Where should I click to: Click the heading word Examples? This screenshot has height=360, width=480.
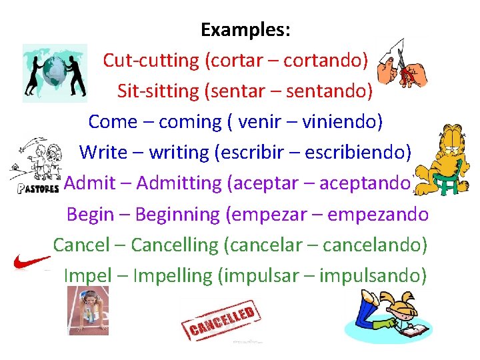(x=245, y=30)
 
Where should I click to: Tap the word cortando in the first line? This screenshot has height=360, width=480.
(x=326, y=61)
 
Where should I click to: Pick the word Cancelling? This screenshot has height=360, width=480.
(x=175, y=245)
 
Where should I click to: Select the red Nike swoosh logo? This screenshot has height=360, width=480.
(x=31, y=261)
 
